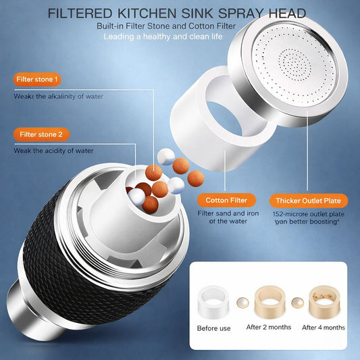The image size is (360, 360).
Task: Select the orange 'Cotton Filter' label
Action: (x=227, y=200)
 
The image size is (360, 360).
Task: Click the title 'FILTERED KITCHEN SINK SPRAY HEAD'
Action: (x=177, y=14)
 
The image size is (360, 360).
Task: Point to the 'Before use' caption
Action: (x=215, y=328)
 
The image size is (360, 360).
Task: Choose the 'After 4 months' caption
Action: (x=323, y=328)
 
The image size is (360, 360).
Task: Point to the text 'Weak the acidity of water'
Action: (x=54, y=151)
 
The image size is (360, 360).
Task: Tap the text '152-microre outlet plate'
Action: (x=307, y=213)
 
